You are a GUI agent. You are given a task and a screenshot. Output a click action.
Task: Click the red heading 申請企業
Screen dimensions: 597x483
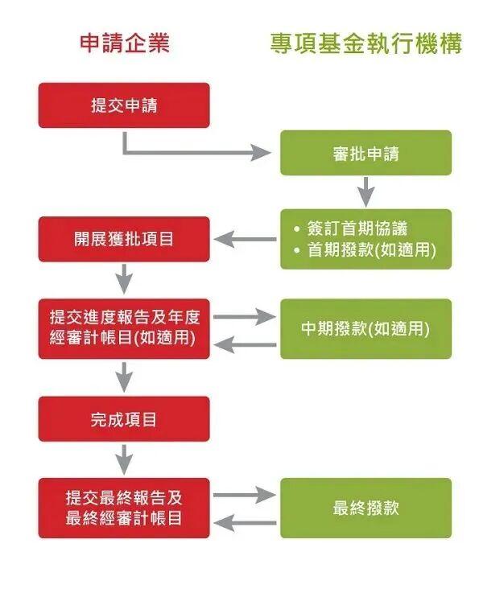point(125,43)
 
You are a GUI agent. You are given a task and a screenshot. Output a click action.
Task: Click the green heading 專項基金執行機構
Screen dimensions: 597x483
point(366,43)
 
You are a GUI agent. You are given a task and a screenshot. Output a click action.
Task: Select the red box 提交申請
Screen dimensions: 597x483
point(124,105)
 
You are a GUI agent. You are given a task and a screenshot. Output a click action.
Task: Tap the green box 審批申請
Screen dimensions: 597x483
point(365,153)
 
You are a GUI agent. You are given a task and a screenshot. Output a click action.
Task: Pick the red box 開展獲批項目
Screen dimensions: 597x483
point(124,239)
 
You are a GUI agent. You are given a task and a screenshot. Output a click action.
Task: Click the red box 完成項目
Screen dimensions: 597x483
point(124,418)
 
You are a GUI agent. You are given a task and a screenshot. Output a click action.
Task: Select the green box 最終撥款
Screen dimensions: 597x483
point(365,508)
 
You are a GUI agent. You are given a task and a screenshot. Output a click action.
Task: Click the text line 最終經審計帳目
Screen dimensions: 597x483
point(124,519)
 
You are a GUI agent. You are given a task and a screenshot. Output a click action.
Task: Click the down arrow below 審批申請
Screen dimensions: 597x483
point(366,191)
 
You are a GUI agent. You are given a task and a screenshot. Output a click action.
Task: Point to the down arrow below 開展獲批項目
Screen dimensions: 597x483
point(124,280)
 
